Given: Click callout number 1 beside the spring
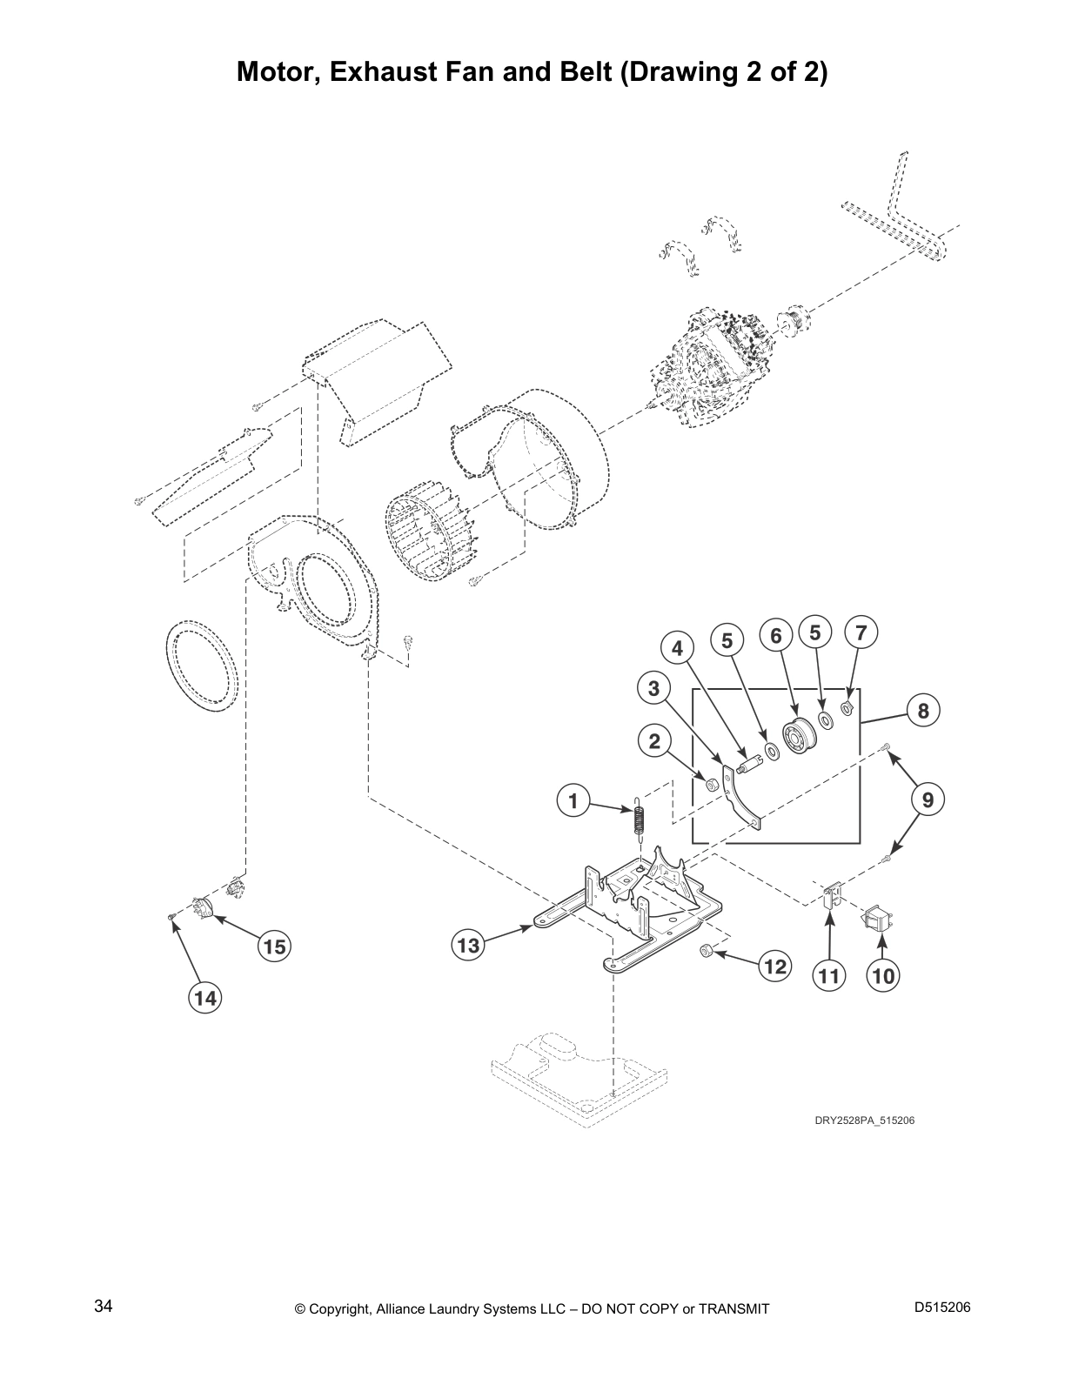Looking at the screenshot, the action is point(573,801).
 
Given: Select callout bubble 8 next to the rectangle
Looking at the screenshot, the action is point(923,710).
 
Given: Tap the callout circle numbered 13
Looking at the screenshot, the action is point(468,946).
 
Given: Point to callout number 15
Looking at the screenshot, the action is point(274,947).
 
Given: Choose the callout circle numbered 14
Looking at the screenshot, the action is point(204,998).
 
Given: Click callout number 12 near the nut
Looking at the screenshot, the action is point(775,967).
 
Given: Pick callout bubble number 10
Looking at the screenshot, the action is point(883,975).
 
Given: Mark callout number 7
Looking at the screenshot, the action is point(861,632).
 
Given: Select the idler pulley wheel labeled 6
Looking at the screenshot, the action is point(797,736).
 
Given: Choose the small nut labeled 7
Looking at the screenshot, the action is point(847,708).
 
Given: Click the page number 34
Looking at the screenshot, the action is point(104,1306).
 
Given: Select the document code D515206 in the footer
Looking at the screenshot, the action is point(942,1307).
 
